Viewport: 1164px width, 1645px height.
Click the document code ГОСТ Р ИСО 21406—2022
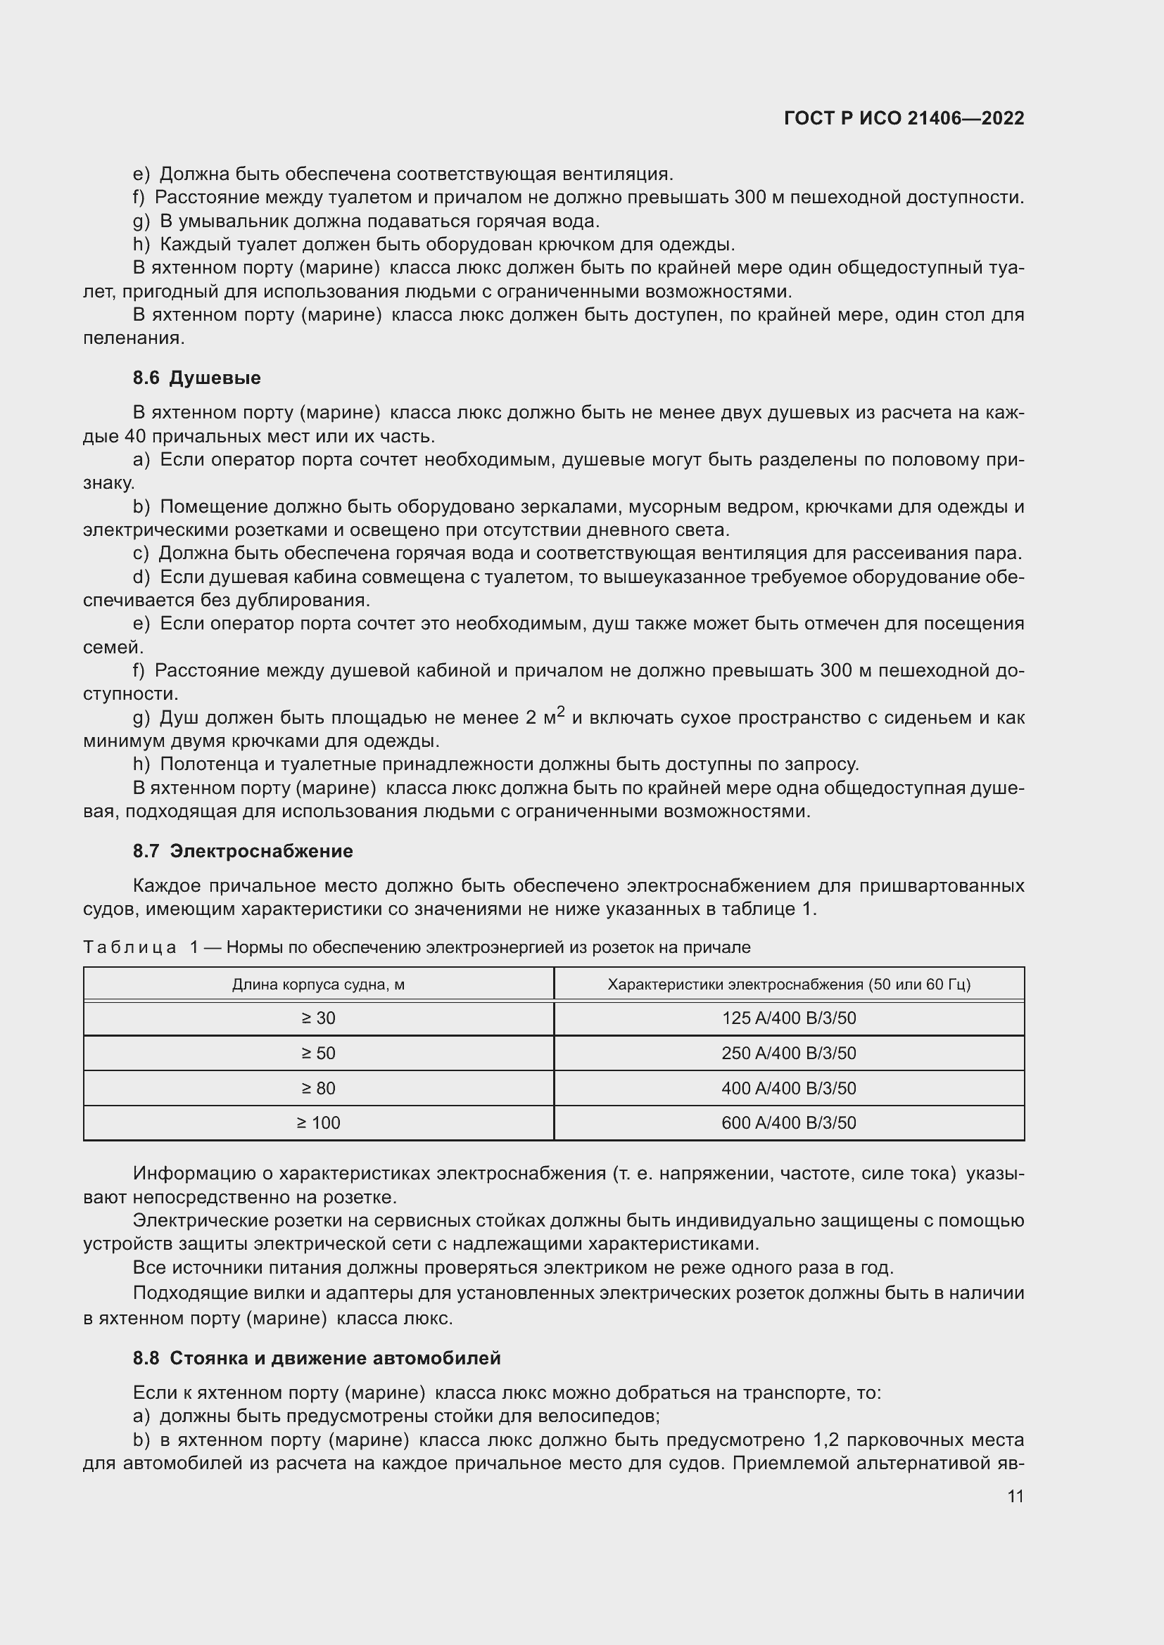(904, 118)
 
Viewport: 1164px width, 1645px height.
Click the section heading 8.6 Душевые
(196, 378)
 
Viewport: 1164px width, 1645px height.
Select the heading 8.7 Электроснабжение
(242, 851)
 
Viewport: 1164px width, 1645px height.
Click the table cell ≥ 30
(318, 1018)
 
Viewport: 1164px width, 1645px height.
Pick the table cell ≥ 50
(318, 1054)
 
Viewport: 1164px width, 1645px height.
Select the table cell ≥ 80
(318, 1088)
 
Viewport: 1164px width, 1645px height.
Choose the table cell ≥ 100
(318, 1122)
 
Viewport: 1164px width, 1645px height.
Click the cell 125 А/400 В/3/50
(788, 1018)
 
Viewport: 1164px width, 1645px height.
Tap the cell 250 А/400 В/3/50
(788, 1054)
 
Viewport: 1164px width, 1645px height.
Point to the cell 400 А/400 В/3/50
(788, 1088)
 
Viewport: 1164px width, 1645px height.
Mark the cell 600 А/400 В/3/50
(788, 1122)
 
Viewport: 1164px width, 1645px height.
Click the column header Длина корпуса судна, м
(318, 985)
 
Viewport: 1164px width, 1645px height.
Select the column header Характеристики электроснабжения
(788, 985)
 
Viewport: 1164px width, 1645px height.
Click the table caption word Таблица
(129, 947)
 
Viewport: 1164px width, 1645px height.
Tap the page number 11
(1015, 1497)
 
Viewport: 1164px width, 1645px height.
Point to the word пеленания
(133, 338)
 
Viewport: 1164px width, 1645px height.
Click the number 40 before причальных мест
(134, 436)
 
